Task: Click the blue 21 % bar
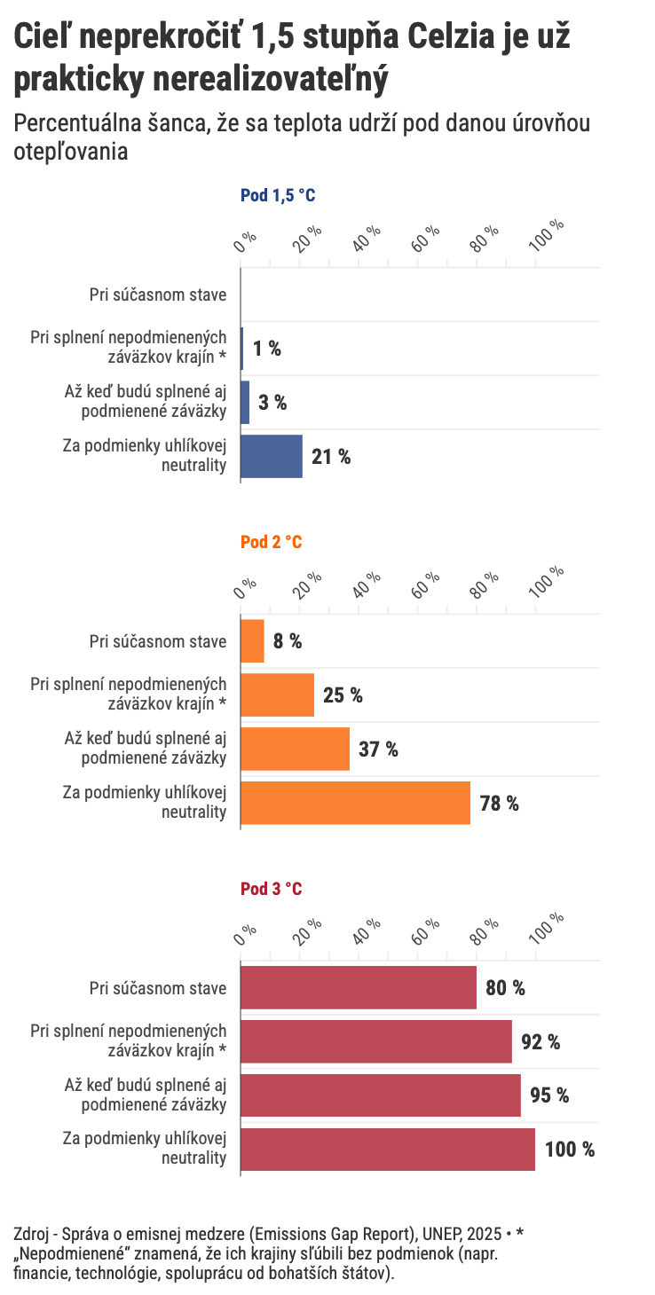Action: coord(272,457)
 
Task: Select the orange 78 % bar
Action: coord(355,804)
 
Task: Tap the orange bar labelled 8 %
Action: coord(253,641)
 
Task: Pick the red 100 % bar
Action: coord(388,1150)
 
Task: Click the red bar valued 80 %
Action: coord(359,988)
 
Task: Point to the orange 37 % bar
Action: coord(296,750)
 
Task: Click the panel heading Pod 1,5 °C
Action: coord(278,196)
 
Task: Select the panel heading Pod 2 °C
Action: coord(271,543)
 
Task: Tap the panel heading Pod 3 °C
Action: coord(271,889)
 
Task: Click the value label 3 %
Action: coord(272,403)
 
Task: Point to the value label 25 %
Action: coord(343,695)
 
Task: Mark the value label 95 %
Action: coord(549,1095)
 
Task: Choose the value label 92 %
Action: coord(541,1042)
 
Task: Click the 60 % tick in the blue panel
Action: coord(427,238)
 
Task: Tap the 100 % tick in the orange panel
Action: coord(550,583)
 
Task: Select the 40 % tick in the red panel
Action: coord(367,930)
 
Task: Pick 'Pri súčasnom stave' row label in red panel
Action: coord(158,988)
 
